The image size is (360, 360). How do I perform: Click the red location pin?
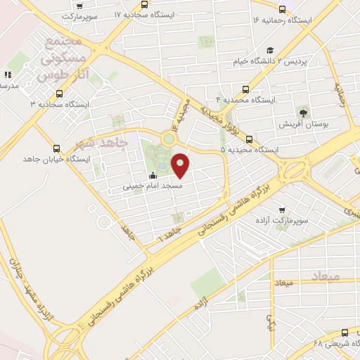(x=181, y=165)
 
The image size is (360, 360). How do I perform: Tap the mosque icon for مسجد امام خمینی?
(x=153, y=176)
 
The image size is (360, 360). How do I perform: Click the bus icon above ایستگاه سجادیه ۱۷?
(x=144, y=4)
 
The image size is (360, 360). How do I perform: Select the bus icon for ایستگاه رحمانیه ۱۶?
(x=282, y=9)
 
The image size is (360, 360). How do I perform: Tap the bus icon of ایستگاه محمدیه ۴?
(x=245, y=89)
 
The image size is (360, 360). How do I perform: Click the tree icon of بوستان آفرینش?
(x=304, y=112)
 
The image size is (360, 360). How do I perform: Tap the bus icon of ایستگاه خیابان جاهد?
(x=57, y=148)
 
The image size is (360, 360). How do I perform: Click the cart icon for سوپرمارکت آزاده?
(x=282, y=210)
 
